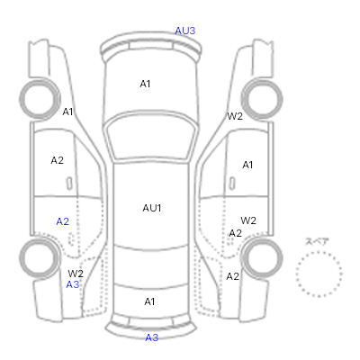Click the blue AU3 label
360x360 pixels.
(185, 31)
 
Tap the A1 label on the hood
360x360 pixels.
(145, 84)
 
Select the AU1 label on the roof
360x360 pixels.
(152, 208)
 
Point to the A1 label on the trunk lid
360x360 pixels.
(149, 301)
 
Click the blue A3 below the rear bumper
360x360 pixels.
(151, 337)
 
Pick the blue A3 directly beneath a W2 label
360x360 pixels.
(73, 284)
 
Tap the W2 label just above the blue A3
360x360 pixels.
(76, 274)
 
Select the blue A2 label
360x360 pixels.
(63, 221)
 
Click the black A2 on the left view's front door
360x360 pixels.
(58, 160)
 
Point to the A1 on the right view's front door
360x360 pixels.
(247, 165)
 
